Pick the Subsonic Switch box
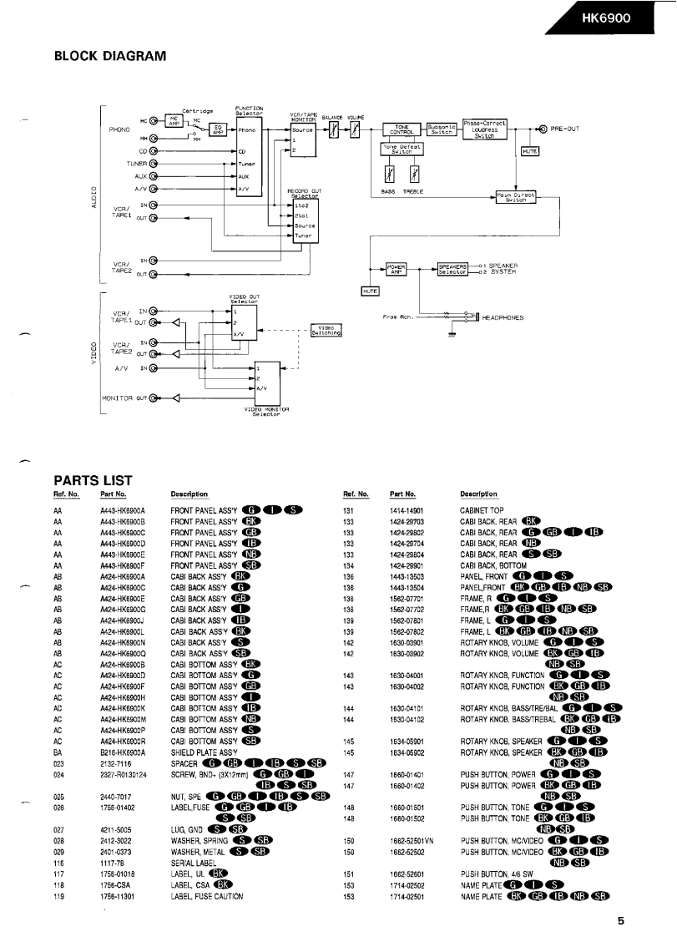(x=442, y=129)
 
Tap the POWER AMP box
(x=396, y=268)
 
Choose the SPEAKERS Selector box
(x=453, y=268)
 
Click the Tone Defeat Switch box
(x=402, y=150)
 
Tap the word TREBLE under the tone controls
(x=414, y=191)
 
